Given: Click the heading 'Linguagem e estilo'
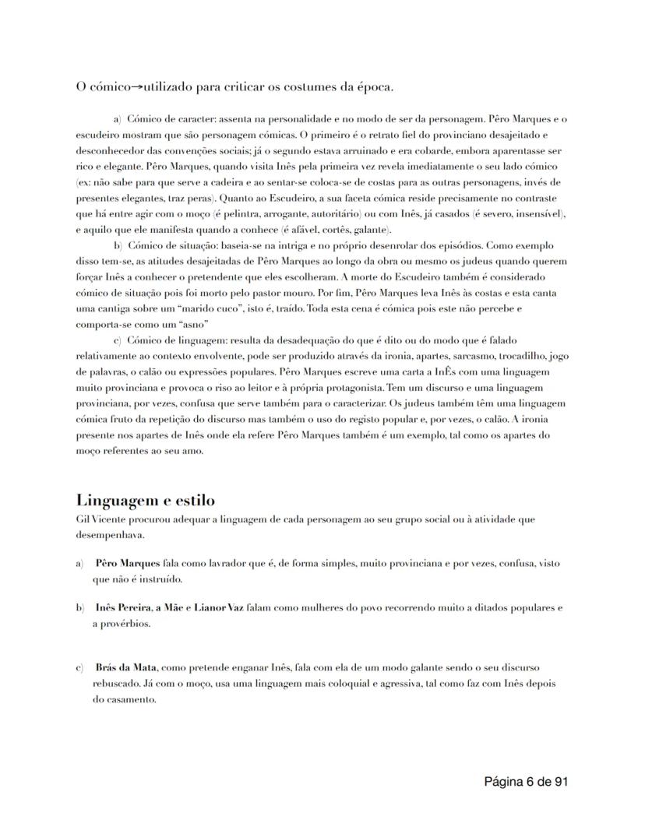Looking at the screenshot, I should (x=146, y=500).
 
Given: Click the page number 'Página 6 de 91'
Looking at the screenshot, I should (x=525, y=782).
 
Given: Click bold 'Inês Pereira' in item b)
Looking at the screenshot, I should (x=122, y=607).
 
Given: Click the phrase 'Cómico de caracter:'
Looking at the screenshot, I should (x=171, y=120).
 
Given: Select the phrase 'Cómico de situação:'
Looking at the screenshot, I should (x=171, y=246).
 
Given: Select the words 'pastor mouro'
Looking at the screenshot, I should (x=316, y=293).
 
